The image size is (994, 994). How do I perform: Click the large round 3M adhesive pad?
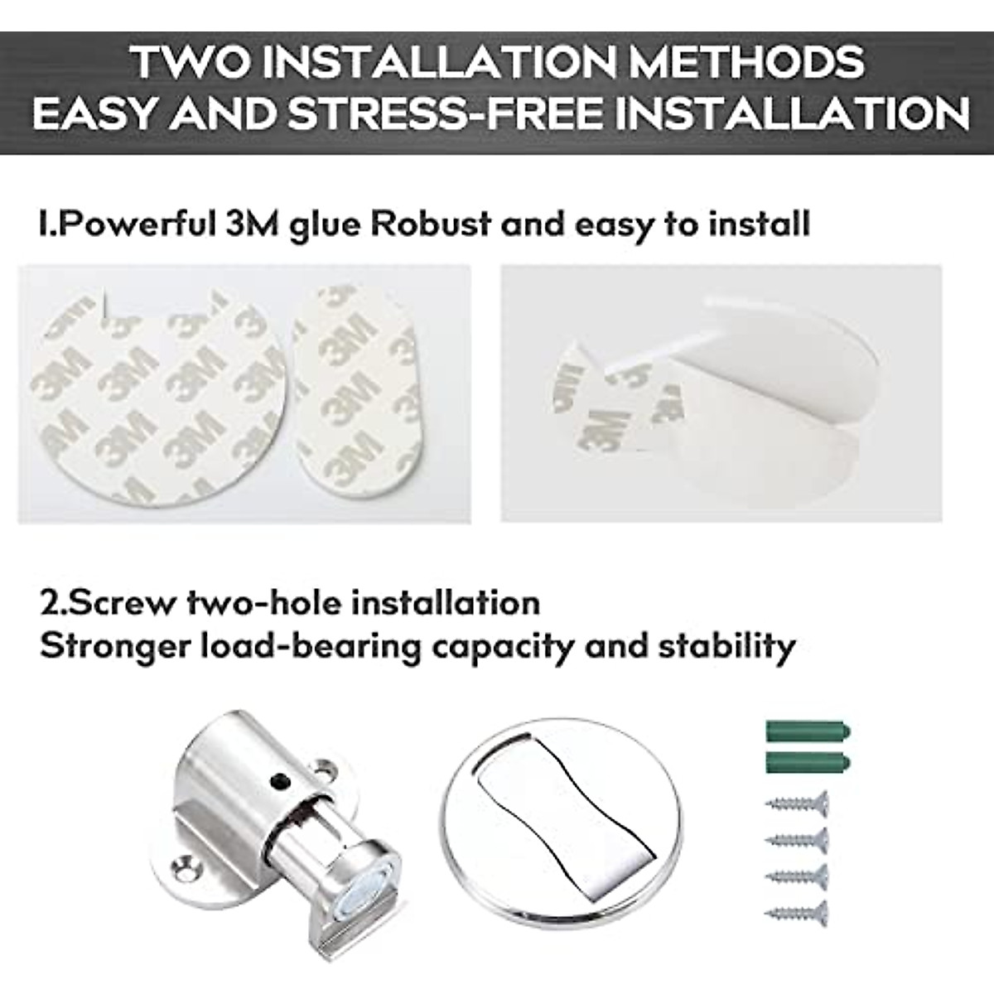coord(157,398)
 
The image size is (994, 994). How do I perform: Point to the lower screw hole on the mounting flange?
coord(186,871)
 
